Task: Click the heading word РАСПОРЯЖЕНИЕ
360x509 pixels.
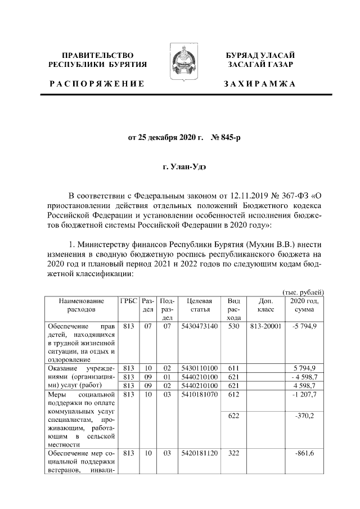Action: [x=96, y=84]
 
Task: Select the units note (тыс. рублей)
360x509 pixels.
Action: [x=303, y=291]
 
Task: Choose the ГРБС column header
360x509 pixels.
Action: [x=129, y=301]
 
